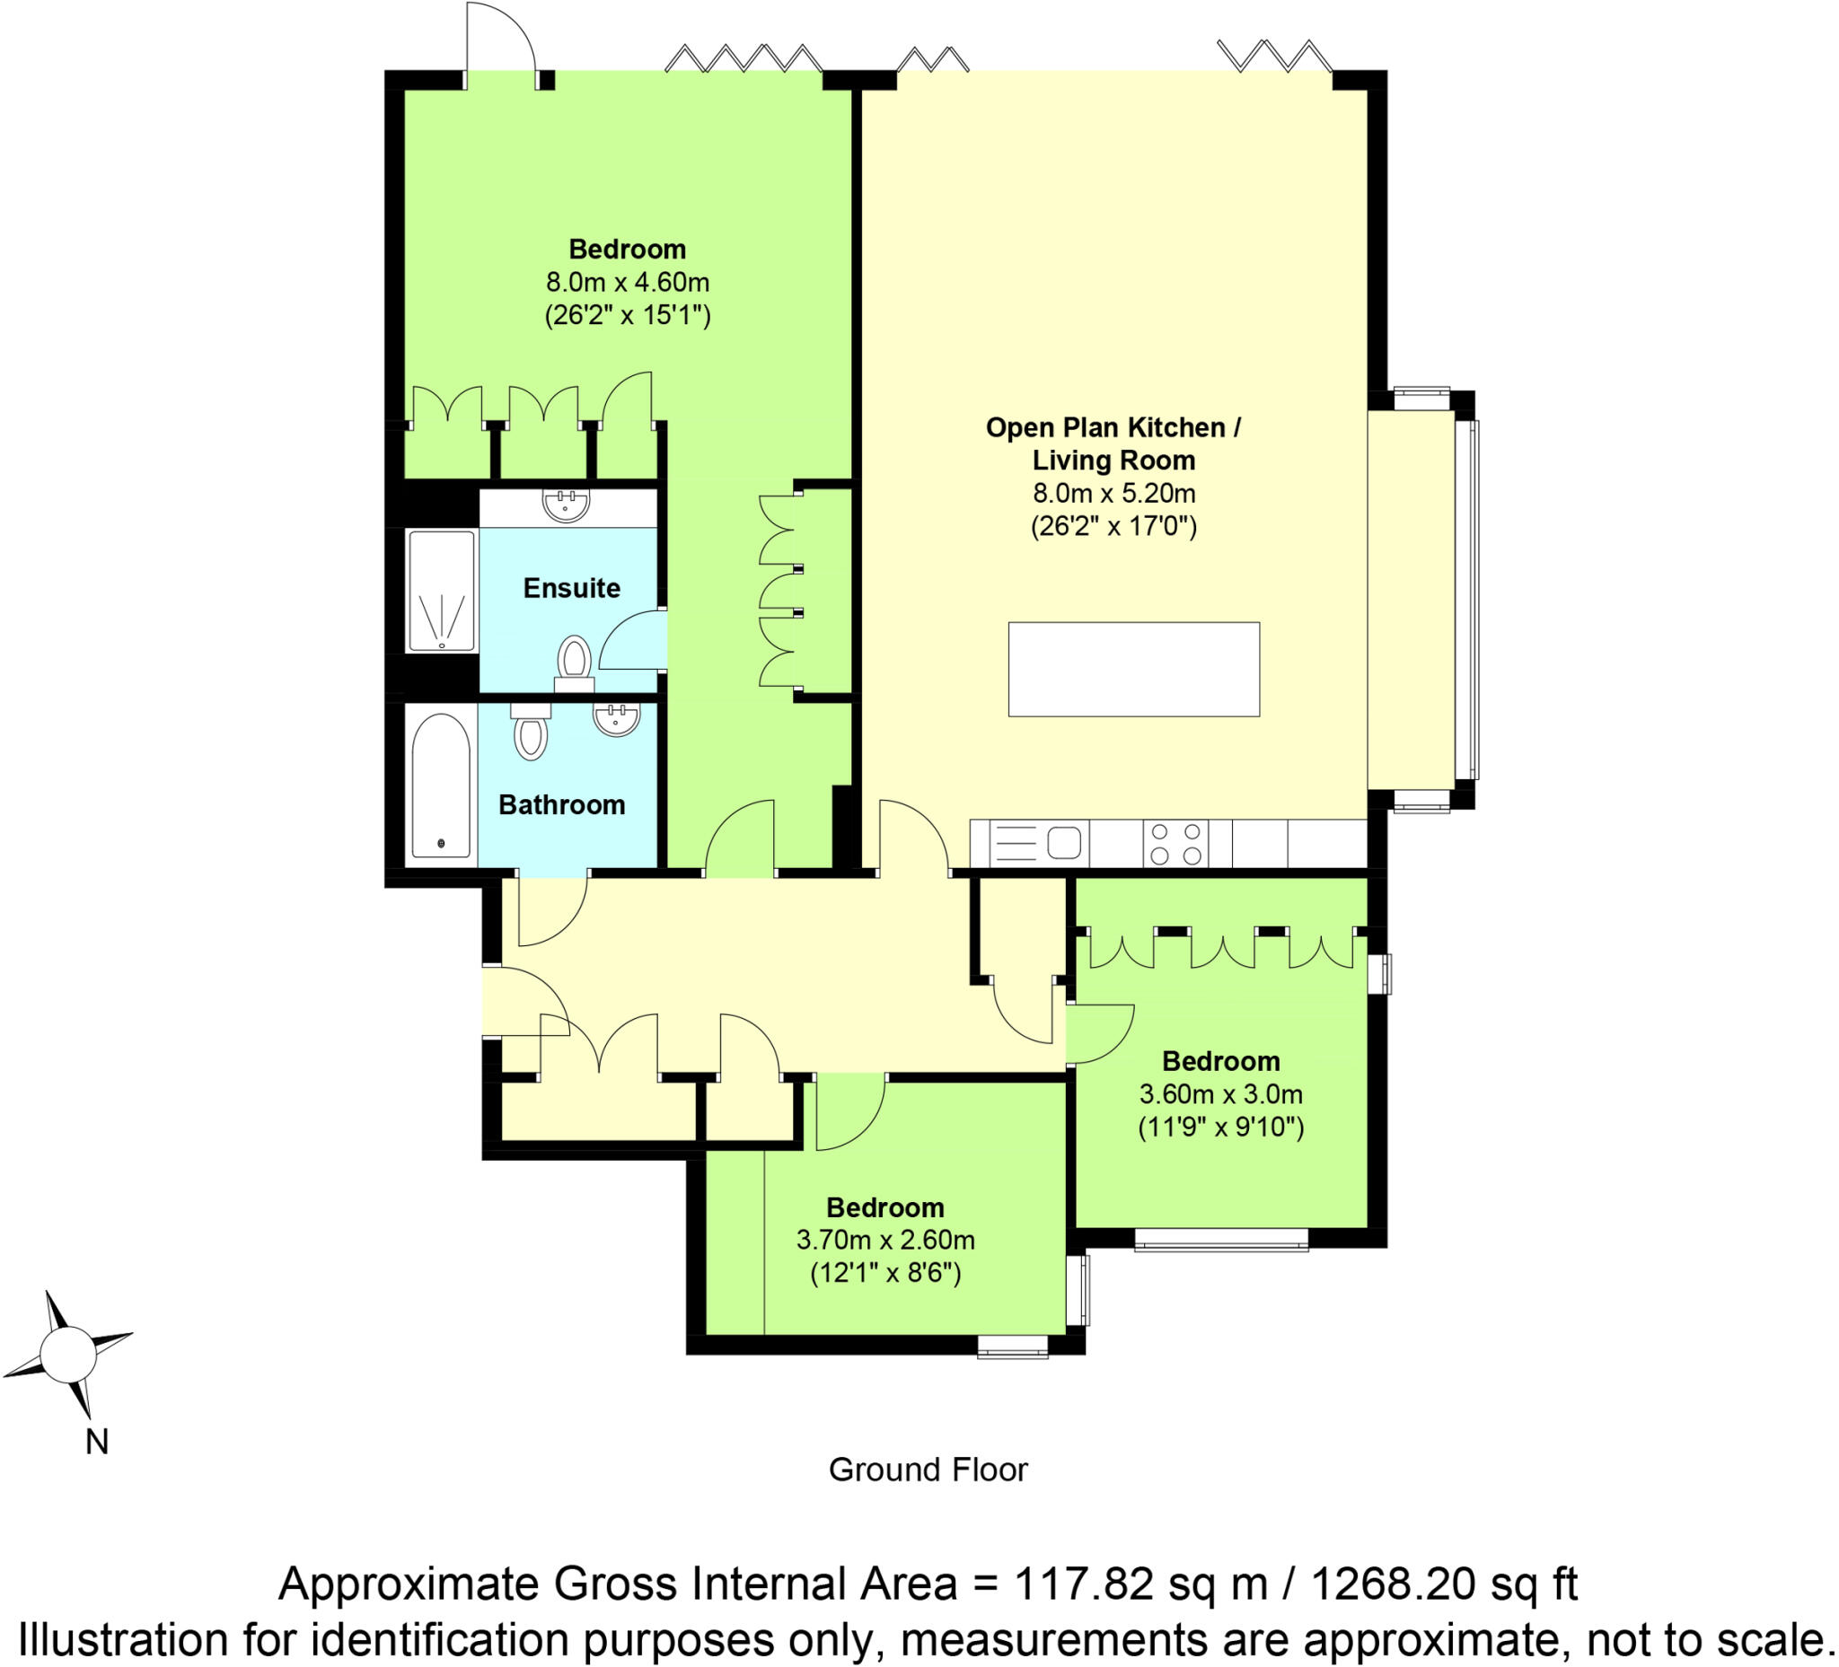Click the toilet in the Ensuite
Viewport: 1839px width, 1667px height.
pos(574,659)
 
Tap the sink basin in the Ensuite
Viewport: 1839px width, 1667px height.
pos(566,504)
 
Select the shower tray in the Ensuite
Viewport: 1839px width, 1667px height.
pos(442,591)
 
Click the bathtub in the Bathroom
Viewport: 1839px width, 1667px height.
pos(441,786)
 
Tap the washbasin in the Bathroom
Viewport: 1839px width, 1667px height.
pos(617,721)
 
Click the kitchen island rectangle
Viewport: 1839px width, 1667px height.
pos(1133,670)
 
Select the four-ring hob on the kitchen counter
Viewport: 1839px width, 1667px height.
pos(1175,844)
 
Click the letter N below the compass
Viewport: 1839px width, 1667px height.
pos(97,1442)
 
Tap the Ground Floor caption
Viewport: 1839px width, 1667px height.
pos(928,1470)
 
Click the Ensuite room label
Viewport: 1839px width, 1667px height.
pos(571,588)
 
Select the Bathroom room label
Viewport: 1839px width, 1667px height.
pos(561,804)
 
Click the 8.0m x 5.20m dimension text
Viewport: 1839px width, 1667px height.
pos(1113,494)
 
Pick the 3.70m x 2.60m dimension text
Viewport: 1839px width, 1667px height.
pos(884,1241)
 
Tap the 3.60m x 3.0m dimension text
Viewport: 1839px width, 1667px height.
pos(1220,1093)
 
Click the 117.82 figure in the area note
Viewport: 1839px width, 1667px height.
pos(1084,1584)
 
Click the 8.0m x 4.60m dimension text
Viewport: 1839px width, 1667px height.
pos(628,282)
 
